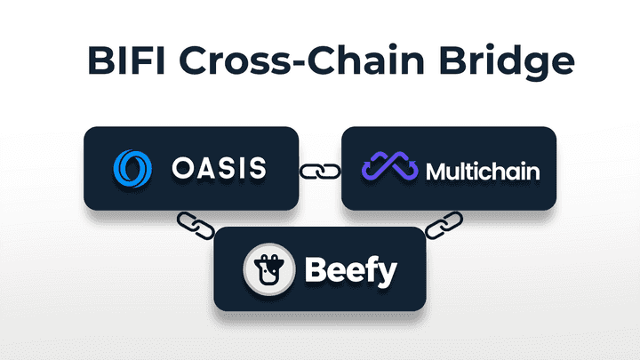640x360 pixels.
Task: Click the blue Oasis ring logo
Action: pos(134,168)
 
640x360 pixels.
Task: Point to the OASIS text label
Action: pos(218,168)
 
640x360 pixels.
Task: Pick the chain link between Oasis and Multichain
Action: pos(319,168)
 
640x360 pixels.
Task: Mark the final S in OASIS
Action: pos(257,168)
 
